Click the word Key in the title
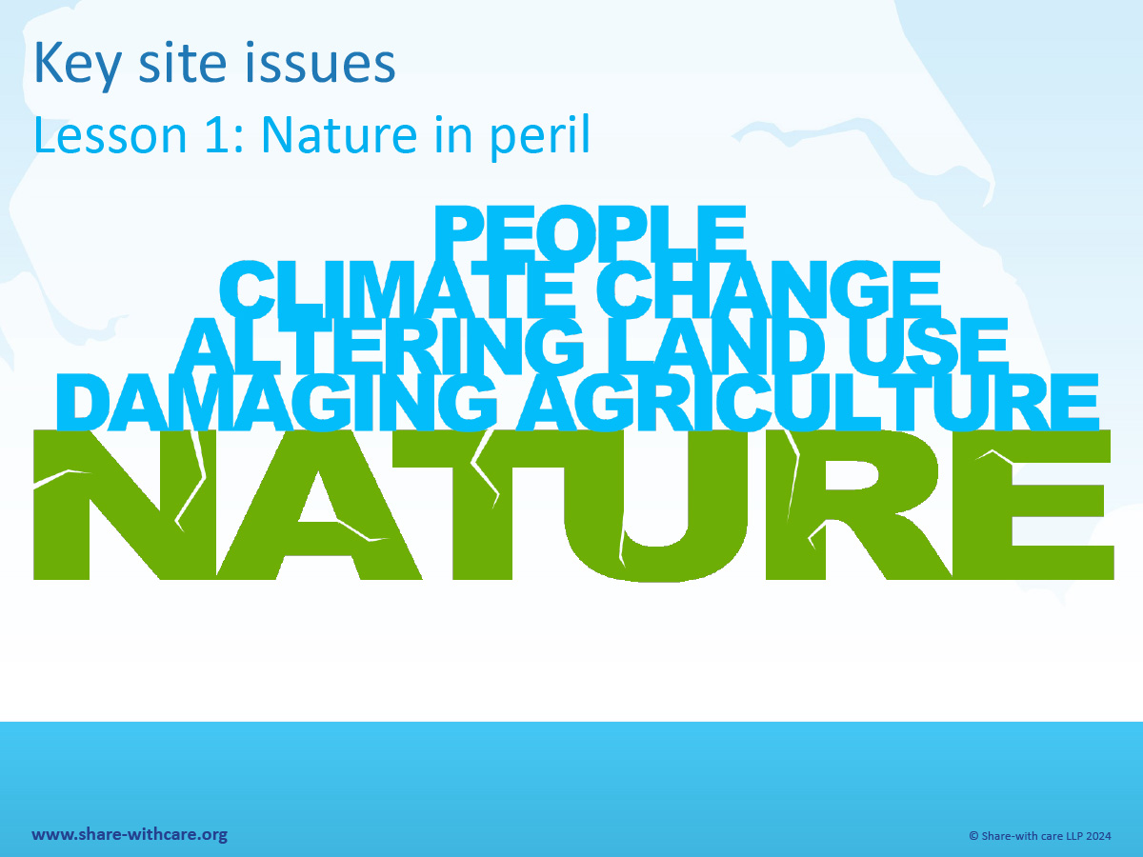tap(77, 66)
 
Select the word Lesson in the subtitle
tap(110, 135)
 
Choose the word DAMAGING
tap(276, 402)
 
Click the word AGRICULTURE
tap(808, 402)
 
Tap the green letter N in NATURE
tap(125, 505)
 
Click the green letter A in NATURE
tap(320, 505)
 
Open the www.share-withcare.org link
tap(130, 835)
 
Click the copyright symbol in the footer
tap(973, 836)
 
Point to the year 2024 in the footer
tap(1097, 836)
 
